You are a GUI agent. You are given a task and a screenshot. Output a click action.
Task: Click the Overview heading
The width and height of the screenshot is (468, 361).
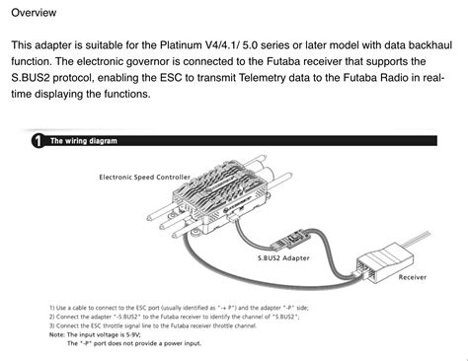34,12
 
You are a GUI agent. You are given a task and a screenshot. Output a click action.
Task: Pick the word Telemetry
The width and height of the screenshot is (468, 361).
302,79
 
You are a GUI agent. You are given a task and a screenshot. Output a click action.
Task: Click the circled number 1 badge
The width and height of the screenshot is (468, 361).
37,141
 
